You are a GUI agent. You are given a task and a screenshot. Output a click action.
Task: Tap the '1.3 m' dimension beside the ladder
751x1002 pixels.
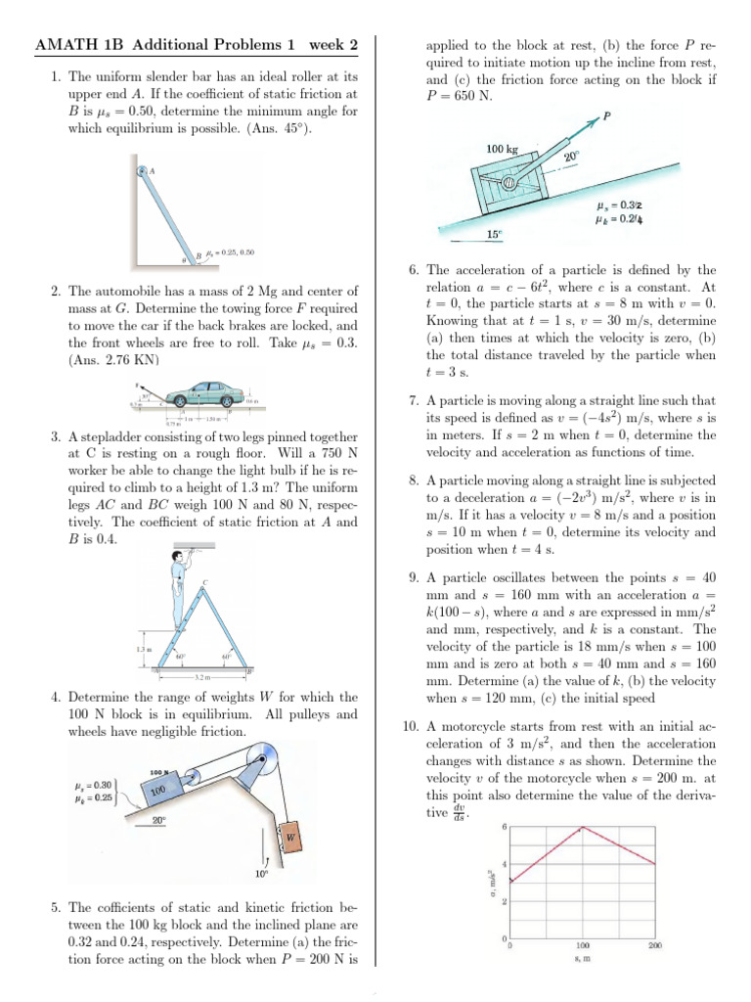click(x=142, y=649)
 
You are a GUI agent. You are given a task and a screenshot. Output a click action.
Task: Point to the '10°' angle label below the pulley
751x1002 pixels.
click(x=261, y=873)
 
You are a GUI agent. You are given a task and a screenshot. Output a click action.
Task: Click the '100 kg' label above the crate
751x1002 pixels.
click(x=501, y=149)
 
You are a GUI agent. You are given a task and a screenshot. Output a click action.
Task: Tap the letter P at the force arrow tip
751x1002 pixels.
click(x=607, y=115)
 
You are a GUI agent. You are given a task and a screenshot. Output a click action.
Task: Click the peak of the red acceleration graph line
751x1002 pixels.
click(x=584, y=828)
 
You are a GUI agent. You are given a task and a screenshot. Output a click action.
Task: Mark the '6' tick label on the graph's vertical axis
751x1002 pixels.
click(x=504, y=828)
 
